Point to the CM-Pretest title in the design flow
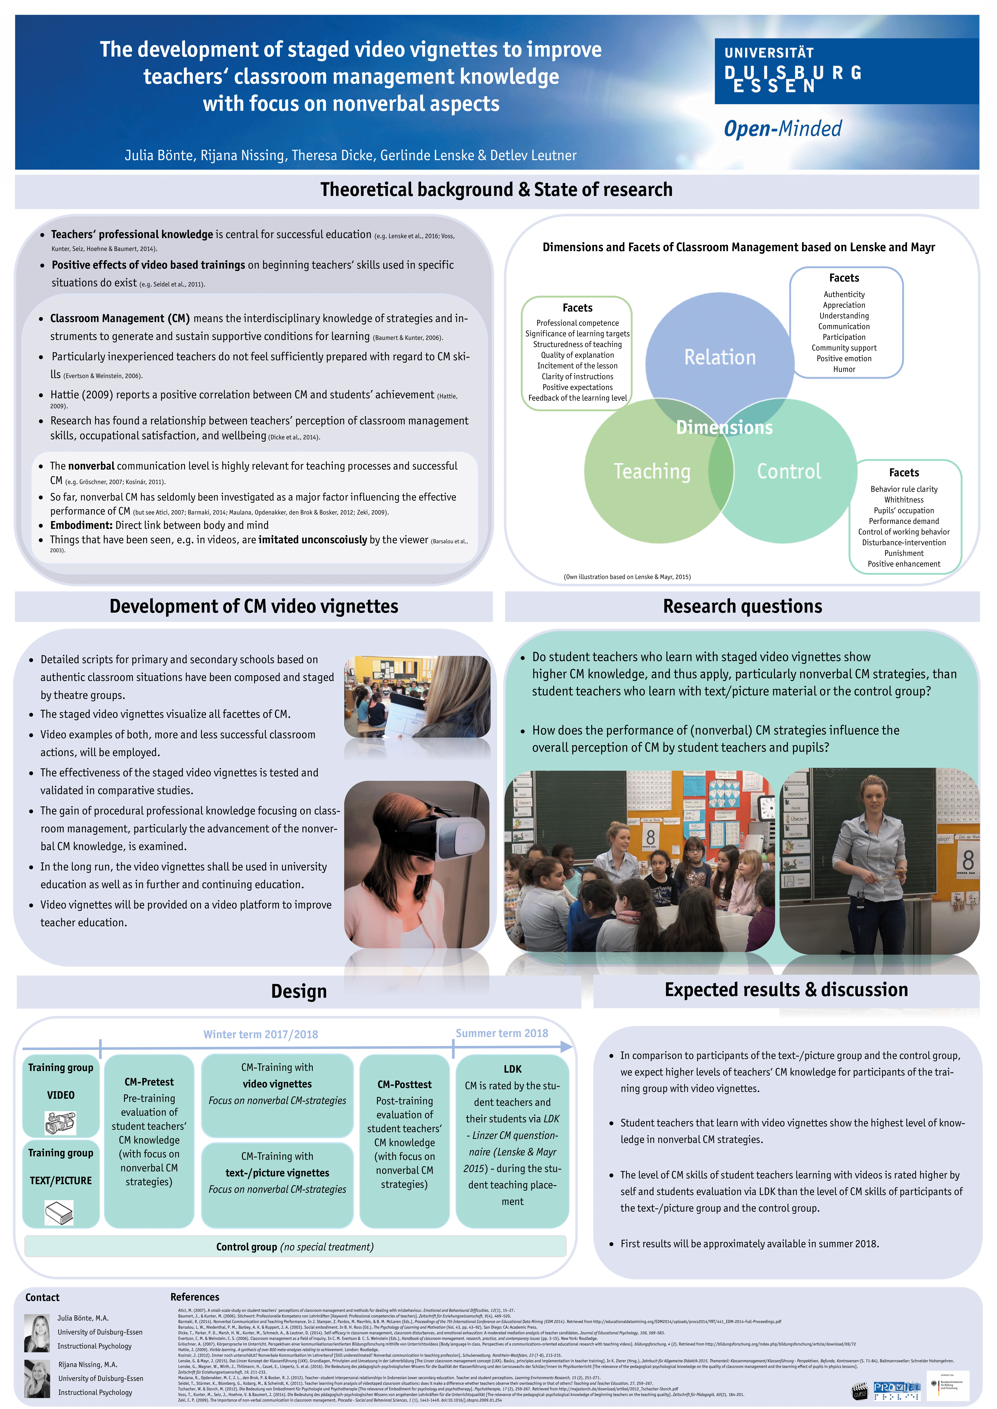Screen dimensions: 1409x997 point(149,1082)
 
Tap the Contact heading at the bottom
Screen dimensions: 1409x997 point(42,1297)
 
